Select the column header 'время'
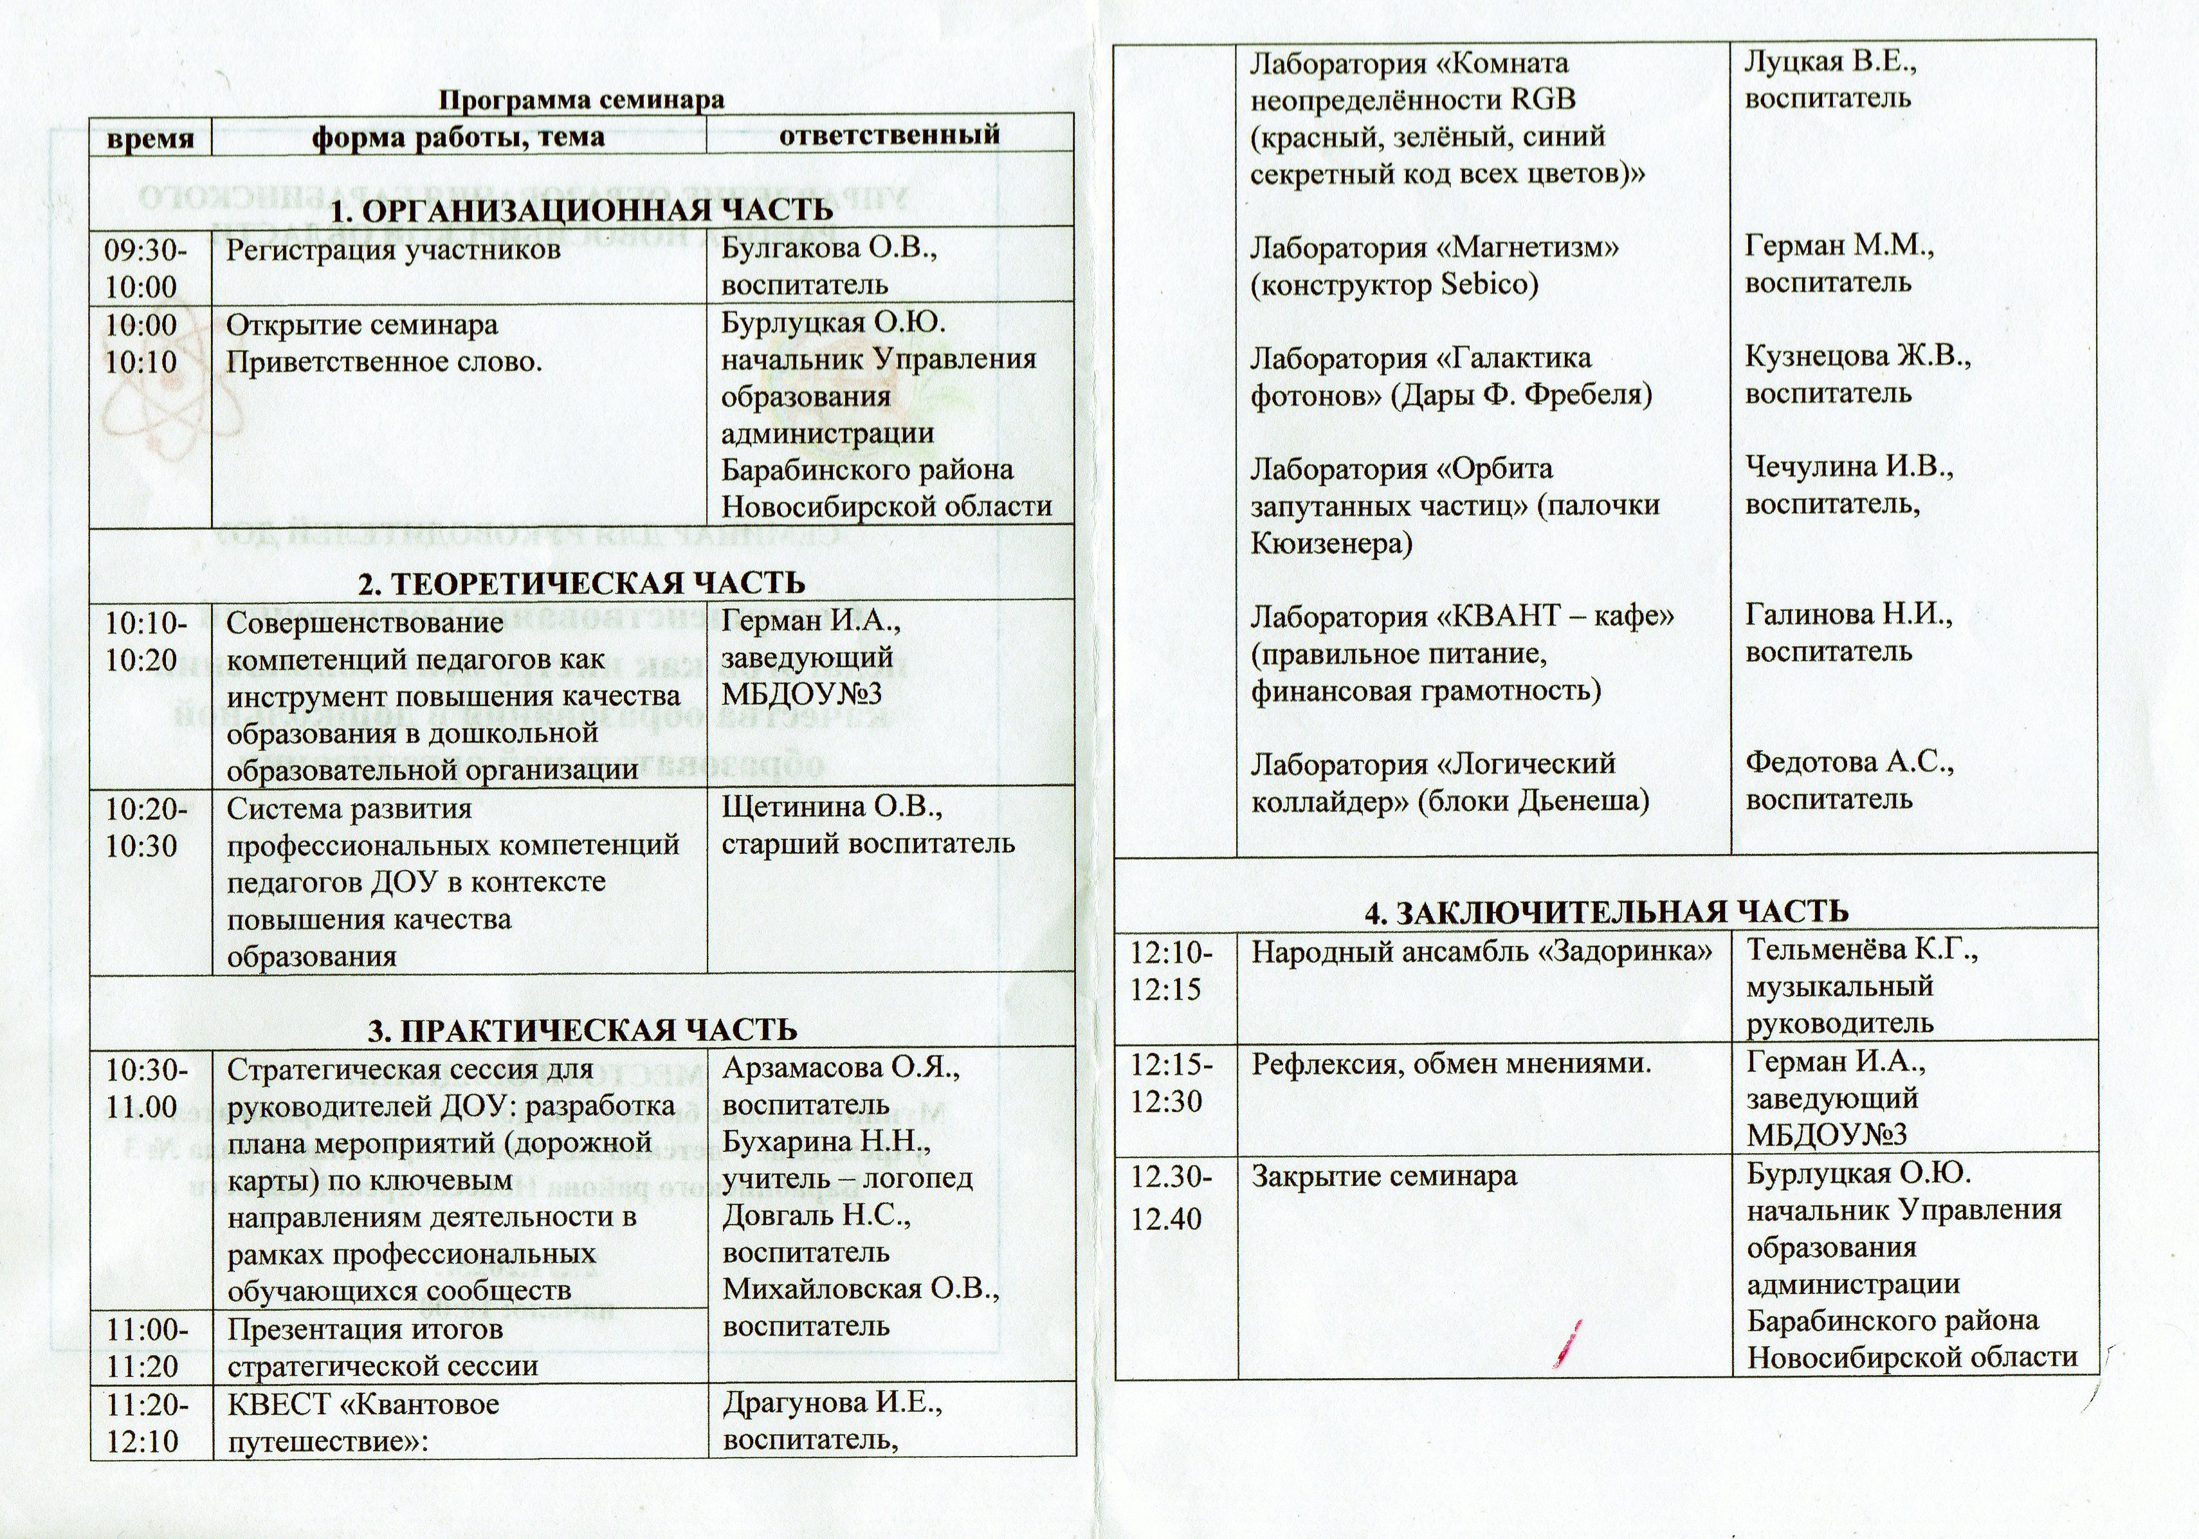coord(151,137)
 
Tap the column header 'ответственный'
coord(889,134)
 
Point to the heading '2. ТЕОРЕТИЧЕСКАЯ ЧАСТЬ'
coord(581,582)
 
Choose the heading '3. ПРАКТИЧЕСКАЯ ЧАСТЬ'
coord(582,1030)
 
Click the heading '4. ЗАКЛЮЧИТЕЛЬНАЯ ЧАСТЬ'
coord(1606,911)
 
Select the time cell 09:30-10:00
coord(147,268)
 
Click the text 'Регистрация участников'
coord(393,250)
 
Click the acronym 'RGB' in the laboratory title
coord(1543,100)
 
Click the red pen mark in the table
coord(1569,1343)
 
